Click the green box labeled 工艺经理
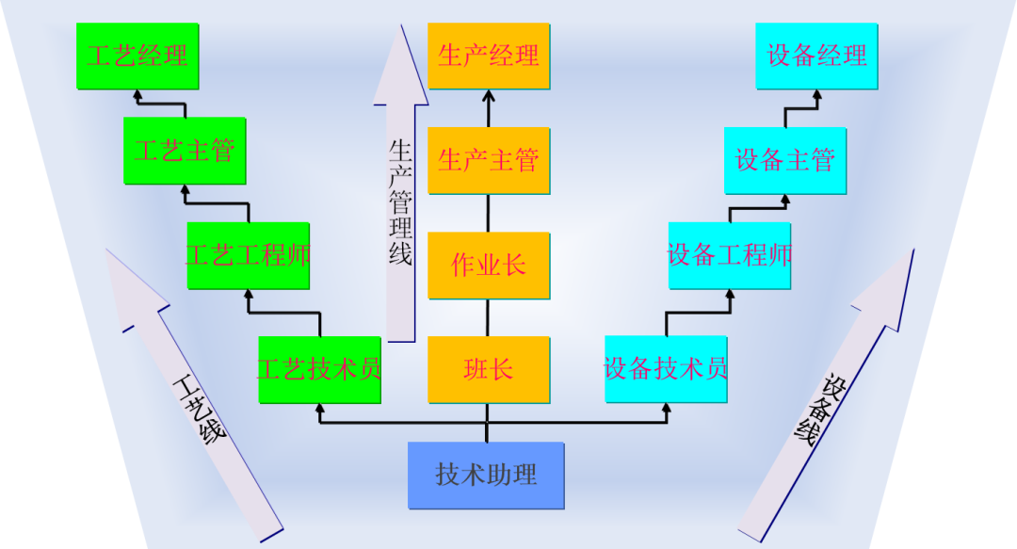[x=137, y=57]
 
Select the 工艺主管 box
[x=185, y=151]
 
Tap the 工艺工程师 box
[x=248, y=255]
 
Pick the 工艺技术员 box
[x=319, y=369]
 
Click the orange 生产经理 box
[x=489, y=57]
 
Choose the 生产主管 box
[x=489, y=161]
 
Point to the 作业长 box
[x=489, y=266]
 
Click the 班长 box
[x=489, y=369]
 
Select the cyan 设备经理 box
[x=817, y=57]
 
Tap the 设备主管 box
[x=784, y=161]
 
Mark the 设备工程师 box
[x=730, y=255]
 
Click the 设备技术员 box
[x=666, y=369]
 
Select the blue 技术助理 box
[x=486, y=475]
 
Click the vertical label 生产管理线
[x=400, y=202]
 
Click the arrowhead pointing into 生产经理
[x=489, y=95]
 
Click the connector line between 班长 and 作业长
[x=489, y=317]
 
